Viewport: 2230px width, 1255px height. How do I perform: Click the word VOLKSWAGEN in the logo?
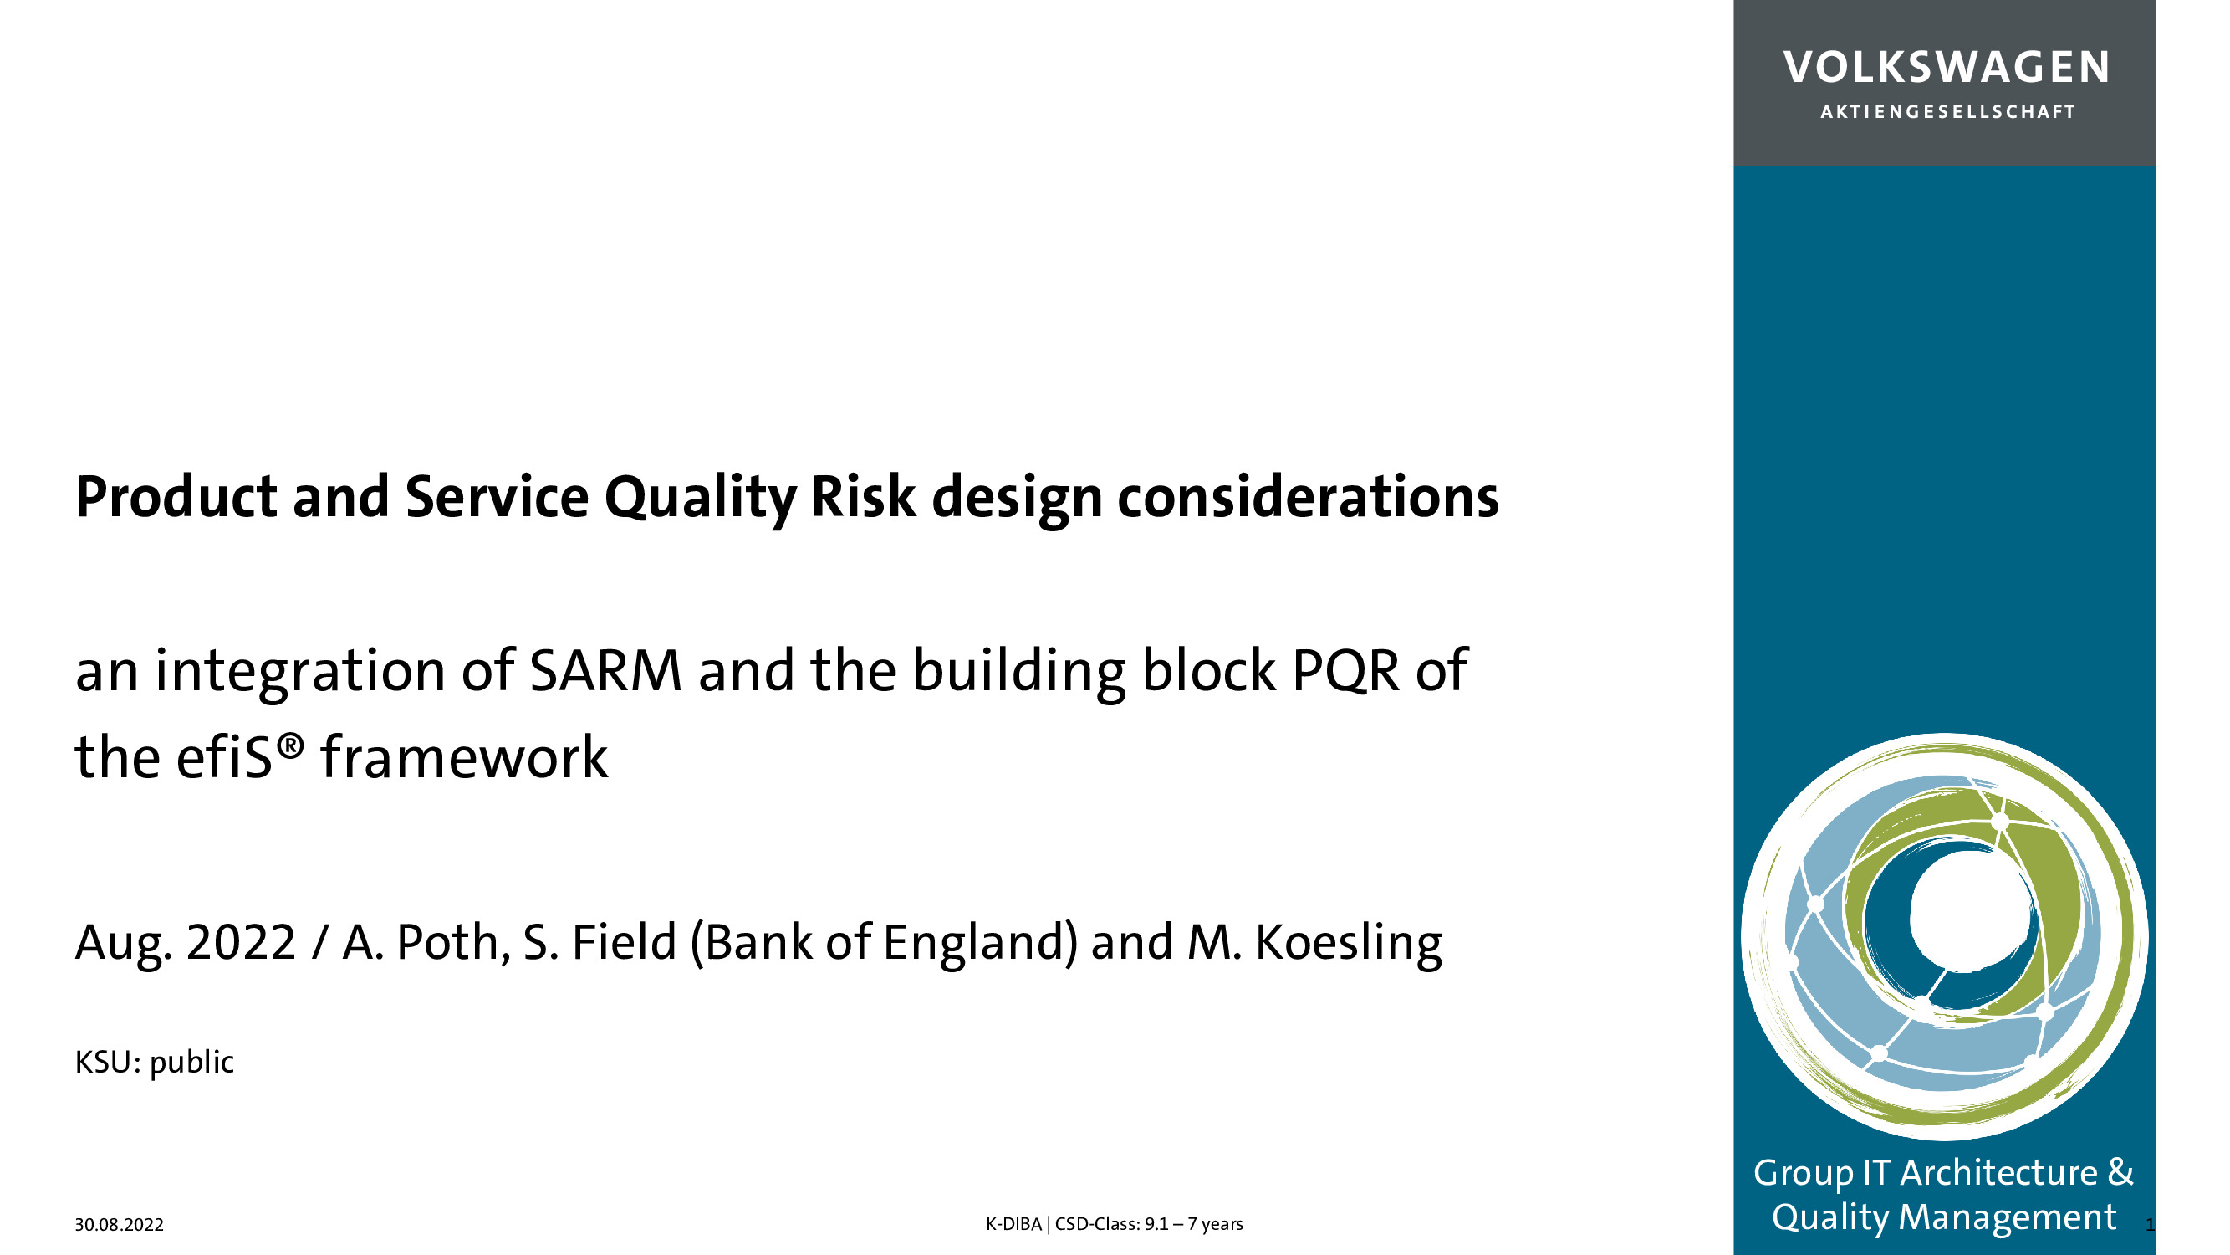pos(1946,68)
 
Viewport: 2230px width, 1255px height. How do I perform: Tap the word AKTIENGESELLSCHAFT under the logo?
pos(1947,112)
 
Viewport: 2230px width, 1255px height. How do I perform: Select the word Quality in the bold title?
pos(700,499)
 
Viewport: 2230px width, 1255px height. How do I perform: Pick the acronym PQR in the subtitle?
pos(1345,671)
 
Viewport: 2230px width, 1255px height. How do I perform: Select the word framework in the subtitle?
pos(464,757)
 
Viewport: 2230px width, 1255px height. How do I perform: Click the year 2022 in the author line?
pos(242,942)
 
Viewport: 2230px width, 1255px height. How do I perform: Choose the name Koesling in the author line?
pos(1349,944)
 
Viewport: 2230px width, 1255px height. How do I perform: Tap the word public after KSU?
pos(191,1063)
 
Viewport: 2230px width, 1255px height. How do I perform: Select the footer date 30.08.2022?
pos(119,1225)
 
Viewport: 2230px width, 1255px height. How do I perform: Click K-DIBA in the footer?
pos(1013,1224)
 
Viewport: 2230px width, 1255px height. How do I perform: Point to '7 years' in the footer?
pos(1216,1224)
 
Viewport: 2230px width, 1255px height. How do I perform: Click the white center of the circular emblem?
pos(1967,918)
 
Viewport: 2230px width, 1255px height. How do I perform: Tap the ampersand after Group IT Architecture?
pos(2120,1172)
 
